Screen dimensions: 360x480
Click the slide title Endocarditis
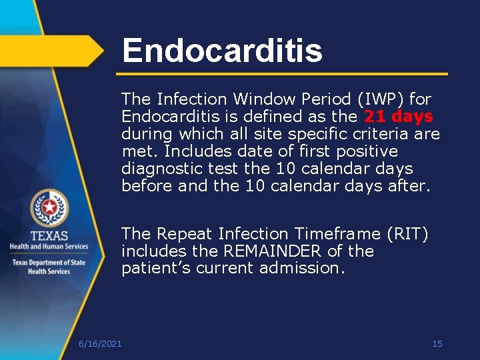(222, 50)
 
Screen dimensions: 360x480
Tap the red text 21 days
(399, 117)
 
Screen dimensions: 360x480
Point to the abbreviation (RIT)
(405, 234)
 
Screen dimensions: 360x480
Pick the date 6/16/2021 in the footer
(100, 343)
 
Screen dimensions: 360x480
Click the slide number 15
(437, 343)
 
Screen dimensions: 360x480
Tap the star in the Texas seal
(49, 208)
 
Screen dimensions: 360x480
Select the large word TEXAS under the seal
(49, 235)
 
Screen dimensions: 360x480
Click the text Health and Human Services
(49, 247)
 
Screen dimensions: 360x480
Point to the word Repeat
(179, 234)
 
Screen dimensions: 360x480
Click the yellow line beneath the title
(282, 73)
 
